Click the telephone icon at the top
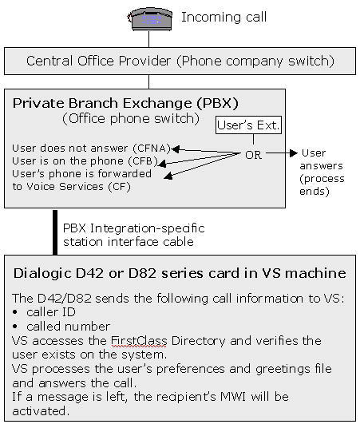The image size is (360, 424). [x=150, y=19]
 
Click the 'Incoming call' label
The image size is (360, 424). [x=224, y=18]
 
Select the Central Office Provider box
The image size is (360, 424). [x=180, y=61]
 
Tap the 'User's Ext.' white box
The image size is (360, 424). [x=248, y=125]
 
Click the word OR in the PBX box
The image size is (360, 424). [x=253, y=155]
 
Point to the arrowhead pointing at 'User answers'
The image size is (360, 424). [x=294, y=153]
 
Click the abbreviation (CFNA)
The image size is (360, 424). [x=152, y=149]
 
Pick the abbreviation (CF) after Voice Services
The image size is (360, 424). [x=120, y=187]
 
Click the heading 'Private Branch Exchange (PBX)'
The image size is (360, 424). [x=125, y=104]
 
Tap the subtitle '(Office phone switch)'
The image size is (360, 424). [x=131, y=119]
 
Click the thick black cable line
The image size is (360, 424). [x=55, y=232]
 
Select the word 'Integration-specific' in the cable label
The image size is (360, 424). [x=148, y=228]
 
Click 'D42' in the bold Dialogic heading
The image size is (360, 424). [x=89, y=273]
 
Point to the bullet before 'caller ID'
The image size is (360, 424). [x=15, y=312]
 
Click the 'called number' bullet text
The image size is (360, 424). [x=69, y=327]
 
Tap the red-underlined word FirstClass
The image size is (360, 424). [x=139, y=341]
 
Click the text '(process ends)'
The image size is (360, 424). [x=322, y=185]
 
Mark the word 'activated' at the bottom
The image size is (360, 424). [x=41, y=411]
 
